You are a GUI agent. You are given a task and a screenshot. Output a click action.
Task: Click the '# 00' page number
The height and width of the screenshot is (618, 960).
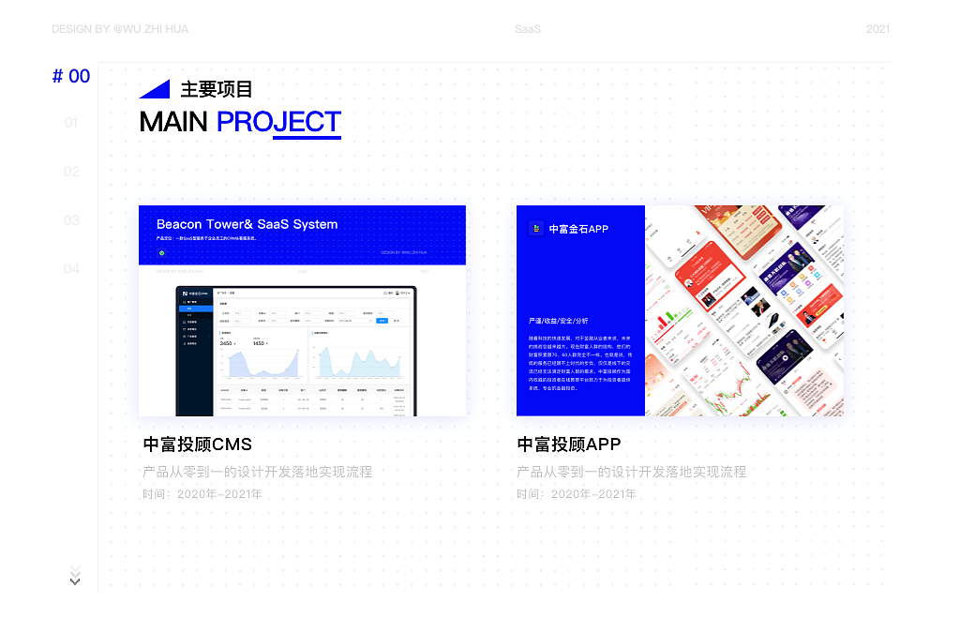click(x=71, y=77)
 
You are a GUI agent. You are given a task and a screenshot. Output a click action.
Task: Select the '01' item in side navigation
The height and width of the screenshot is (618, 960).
click(x=71, y=123)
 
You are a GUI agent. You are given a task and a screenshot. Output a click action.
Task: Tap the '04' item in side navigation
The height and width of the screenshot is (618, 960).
click(x=71, y=269)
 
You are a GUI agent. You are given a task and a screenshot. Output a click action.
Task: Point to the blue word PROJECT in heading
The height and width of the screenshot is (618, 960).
click(x=278, y=122)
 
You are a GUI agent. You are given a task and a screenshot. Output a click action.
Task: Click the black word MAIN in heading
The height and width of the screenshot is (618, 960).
click(x=173, y=122)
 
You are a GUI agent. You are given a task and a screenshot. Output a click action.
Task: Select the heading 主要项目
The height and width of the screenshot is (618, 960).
click(x=217, y=89)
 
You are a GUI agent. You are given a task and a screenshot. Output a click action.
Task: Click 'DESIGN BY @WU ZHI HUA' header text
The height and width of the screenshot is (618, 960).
click(x=120, y=29)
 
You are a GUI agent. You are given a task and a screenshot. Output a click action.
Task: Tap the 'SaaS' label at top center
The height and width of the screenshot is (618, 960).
click(x=528, y=29)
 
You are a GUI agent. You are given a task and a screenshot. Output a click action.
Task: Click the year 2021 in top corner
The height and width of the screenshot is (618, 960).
click(x=877, y=29)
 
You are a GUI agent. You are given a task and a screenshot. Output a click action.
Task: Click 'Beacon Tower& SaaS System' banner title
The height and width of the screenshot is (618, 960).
click(x=247, y=224)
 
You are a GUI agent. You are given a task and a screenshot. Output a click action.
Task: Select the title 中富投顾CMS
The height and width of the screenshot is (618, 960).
click(x=198, y=444)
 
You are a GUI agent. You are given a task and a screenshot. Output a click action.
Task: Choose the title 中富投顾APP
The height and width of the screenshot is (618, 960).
click(x=569, y=444)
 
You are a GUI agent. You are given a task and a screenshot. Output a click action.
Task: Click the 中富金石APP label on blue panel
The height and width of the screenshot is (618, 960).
click(x=578, y=229)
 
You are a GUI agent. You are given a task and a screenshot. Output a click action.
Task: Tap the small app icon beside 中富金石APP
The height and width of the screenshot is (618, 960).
click(x=536, y=228)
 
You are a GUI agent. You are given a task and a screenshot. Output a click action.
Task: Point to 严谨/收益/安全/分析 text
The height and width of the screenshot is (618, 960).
click(x=559, y=321)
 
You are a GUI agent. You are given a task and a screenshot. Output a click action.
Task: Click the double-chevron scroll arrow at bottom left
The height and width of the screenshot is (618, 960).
click(x=75, y=575)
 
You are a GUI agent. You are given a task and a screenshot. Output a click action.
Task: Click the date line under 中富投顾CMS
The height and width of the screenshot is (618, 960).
click(x=202, y=493)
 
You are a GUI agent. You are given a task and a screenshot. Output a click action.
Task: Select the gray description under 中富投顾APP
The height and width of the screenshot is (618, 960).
click(x=631, y=472)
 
